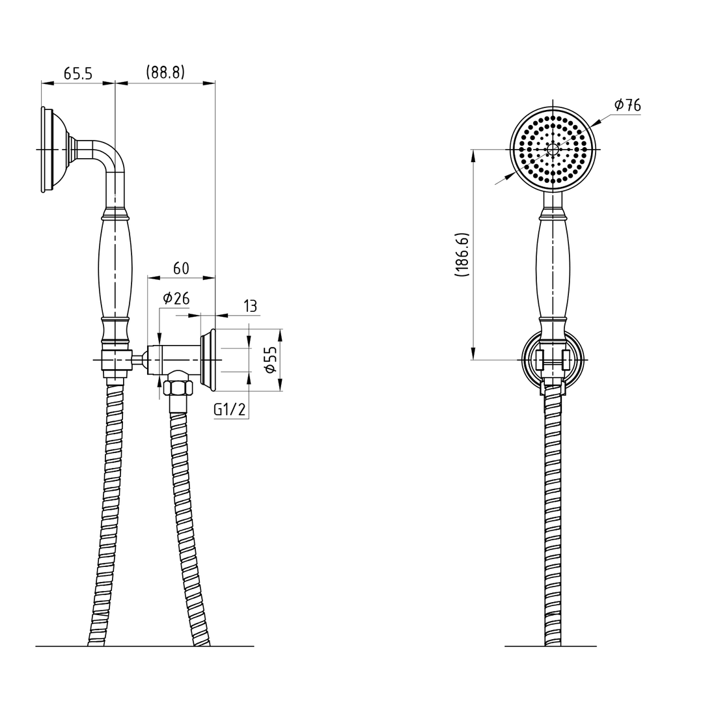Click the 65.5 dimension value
(77, 74)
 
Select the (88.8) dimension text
(165, 72)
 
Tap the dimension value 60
(181, 268)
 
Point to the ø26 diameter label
(176, 298)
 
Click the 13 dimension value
(250, 306)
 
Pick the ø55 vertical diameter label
(270, 359)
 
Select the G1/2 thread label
(230, 410)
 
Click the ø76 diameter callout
(627, 105)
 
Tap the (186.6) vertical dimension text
(462, 255)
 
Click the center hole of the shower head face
(553, 149)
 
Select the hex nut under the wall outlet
(178, 388)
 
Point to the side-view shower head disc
(47, 150)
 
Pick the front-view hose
(553, 521)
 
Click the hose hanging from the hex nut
(186, 521)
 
